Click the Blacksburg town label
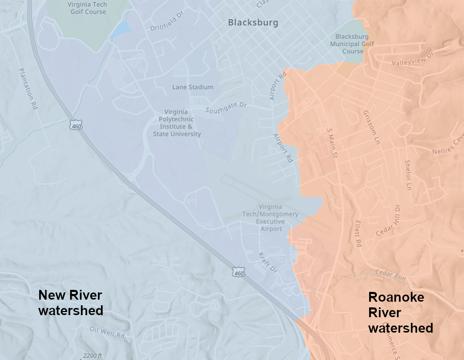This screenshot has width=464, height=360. click(253, 23)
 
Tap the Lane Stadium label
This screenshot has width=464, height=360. click(193, 87)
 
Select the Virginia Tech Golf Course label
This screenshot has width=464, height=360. click(87, 8)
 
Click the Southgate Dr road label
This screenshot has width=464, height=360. click(226, 107)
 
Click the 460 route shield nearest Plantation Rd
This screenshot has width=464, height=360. click(76, 125)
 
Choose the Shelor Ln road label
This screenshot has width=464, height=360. click(408, 174)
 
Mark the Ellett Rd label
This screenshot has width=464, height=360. click(358, 234)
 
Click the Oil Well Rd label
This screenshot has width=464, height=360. click(107, 332)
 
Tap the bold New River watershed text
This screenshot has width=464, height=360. click(71, 303)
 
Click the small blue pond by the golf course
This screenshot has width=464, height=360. click(120, 29)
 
